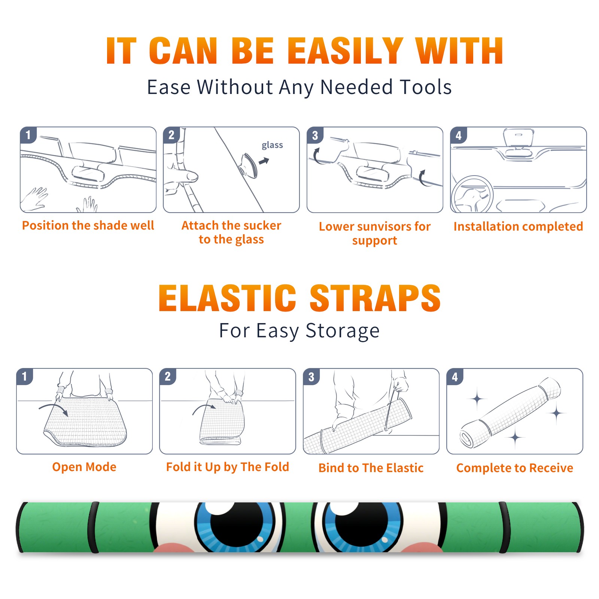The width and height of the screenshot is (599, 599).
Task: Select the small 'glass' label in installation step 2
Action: [272, 145]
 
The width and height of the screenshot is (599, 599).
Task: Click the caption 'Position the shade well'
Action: [88, 225]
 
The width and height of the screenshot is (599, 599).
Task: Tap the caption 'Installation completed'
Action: [518, 226]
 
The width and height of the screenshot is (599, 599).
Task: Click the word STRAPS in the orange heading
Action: [375, 298]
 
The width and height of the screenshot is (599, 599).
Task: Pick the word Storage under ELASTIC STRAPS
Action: [343, 331]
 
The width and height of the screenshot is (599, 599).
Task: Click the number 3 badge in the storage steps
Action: [311, 377]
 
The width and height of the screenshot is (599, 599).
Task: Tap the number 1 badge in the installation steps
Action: [28, 135]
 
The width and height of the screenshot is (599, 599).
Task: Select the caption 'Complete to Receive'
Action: [515, 468]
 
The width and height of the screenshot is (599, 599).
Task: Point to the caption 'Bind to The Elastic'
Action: [371, 468]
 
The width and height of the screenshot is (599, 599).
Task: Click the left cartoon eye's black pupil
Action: [239, 524]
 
